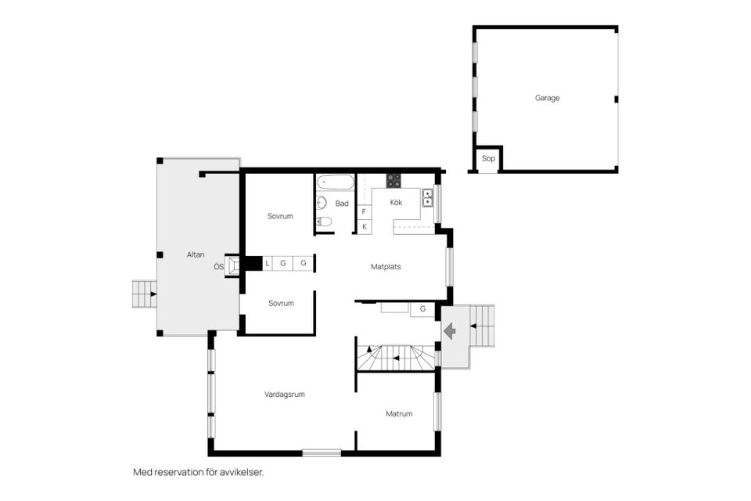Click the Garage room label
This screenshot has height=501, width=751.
coord(547,99)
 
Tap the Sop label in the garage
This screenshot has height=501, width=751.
coord(488,158)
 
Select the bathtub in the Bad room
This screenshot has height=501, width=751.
coord(336,183)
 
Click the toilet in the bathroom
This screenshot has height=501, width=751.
coord(324,222)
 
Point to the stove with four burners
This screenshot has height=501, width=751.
coord(393,181)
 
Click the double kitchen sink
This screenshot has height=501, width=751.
coord(428,197)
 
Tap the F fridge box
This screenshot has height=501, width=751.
coord(365,211)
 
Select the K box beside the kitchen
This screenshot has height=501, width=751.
coord(365,226)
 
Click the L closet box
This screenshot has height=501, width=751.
coord(268,263)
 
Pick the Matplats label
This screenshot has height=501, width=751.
coord(386,267)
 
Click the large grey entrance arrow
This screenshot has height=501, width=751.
coord(451,331)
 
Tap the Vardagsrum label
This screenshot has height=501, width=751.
coord(285,395)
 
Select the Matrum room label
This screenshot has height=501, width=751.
coord(399,413)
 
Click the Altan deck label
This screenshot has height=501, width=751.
coord(196,255)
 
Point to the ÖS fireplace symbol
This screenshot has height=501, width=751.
coord(233,266)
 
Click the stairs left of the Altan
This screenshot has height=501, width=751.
coord(143,294)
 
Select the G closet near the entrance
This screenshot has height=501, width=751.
coord(422,309)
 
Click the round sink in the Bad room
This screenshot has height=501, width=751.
coord(322,204)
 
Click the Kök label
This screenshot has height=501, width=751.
coord(396,203)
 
